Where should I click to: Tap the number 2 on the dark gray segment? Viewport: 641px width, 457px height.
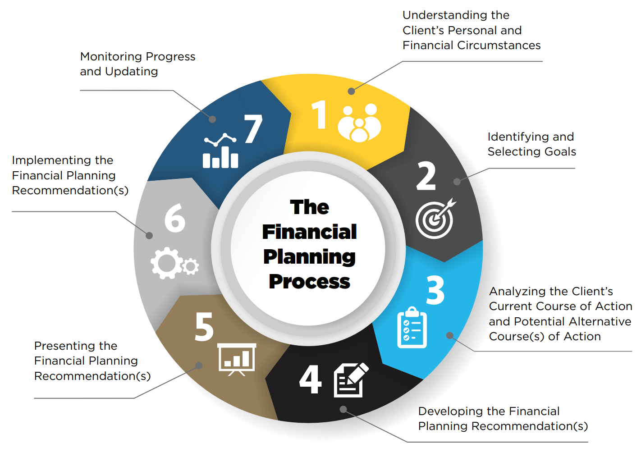[426, 176]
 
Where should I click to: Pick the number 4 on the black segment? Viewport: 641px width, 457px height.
[311, 379]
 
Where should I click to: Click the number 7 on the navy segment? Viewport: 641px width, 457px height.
[253, 128]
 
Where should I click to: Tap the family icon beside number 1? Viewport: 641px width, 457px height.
[359, 123]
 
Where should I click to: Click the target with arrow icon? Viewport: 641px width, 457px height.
[435, 218]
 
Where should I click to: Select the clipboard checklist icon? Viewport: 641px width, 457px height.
[412, 327]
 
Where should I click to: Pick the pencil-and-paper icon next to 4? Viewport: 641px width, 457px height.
[351, 380]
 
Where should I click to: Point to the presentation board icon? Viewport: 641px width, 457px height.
[237, 359]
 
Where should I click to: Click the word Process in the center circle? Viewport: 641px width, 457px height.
[309, 282]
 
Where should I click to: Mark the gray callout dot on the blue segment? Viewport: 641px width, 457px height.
[450, 335]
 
